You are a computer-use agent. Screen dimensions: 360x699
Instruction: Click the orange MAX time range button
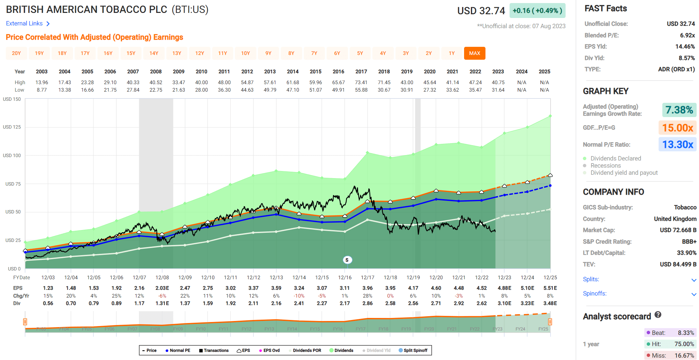pos(474,53)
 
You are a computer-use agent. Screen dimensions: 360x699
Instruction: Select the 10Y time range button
pos(245,53)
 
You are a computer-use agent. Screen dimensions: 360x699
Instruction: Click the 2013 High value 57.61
pos(270,82)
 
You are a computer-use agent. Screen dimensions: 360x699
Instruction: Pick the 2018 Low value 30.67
pos(384,90)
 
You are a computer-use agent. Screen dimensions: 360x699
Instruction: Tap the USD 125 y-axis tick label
pos(12,127)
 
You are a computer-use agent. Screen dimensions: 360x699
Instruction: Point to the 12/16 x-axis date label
pos(345,278)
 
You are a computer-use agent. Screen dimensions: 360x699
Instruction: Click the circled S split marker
pos(347,260)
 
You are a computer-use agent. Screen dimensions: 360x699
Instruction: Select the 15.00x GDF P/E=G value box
pos(677,128)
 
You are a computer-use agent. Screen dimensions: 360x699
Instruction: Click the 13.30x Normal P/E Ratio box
pos(677,145)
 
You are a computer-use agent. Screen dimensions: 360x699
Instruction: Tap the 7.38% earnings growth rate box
pos(679,110)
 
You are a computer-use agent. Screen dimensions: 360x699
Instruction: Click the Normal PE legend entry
pos(178,350)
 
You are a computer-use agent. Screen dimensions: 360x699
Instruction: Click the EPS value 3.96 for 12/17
pos(367,288)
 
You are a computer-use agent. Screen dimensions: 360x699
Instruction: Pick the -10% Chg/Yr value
pos(299,296)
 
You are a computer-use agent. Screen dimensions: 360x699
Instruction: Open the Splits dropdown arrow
pos(694,280)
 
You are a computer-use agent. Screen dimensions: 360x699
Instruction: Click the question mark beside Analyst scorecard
pos(658,315)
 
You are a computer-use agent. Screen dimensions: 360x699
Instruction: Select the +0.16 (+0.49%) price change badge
pos(537,11)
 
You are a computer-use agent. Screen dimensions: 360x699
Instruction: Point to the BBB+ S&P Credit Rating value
pos(689,242)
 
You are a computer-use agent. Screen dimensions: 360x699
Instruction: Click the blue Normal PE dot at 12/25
pos(550,186)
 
